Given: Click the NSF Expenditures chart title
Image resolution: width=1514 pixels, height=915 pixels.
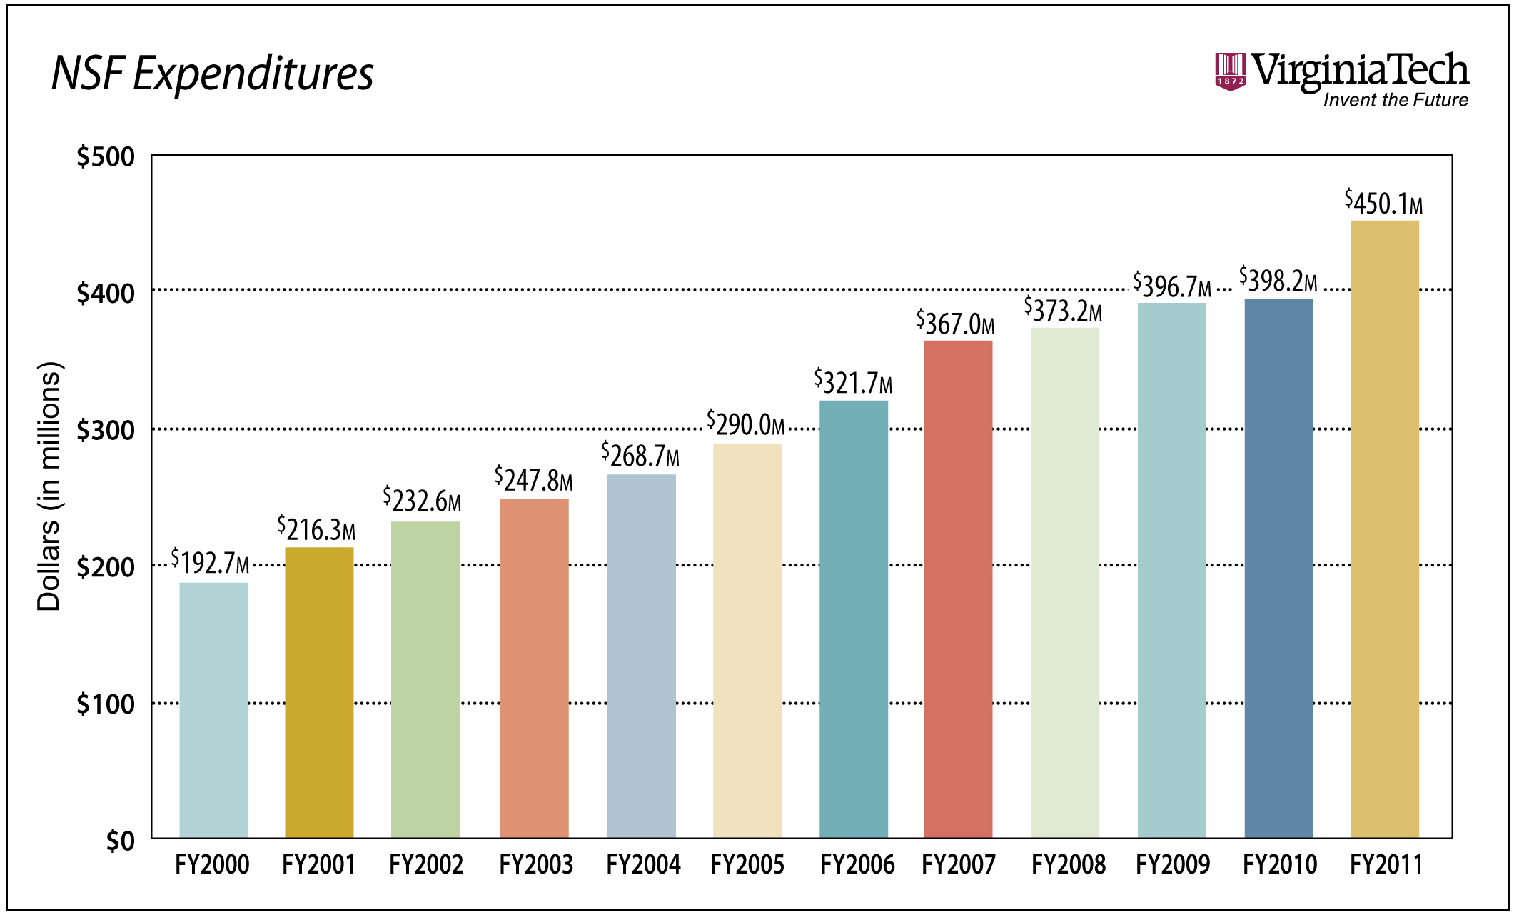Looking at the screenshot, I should (x=212, y=73).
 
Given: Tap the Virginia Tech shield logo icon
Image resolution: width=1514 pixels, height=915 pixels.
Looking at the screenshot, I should (x=1230, y=71).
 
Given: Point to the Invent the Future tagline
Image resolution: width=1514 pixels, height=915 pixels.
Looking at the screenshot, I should (x=1395, y=100).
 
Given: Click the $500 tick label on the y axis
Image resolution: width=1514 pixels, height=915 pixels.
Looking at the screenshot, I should (x=106, y=156).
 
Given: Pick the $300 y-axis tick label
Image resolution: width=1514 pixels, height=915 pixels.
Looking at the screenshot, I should (x=106, y=430).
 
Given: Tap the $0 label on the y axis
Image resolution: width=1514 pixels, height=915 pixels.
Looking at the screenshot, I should (x=120, y=841).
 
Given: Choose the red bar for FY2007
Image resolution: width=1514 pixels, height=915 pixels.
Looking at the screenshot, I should (x=958, y=589).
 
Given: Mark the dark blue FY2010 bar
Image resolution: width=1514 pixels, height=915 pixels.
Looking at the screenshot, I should (x=1278, y=568).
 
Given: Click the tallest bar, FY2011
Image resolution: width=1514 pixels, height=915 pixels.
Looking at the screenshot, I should (x=1384, y=529).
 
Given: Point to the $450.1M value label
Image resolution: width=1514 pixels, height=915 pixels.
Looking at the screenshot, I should (x=1383, y=203).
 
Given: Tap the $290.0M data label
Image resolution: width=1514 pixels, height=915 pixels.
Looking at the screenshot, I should (x=745, y=424).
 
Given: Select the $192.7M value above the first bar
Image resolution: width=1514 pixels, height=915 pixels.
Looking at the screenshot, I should (x=210, y=562).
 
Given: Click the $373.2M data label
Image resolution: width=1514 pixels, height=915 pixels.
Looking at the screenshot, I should (x=1063, y=309).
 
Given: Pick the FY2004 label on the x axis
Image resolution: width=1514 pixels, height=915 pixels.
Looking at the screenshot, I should (x=643, y=865).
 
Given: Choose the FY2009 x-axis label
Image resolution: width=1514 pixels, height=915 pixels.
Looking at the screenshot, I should (x=1173, y=865).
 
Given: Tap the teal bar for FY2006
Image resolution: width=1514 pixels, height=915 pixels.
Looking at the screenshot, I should (x=853, y=619).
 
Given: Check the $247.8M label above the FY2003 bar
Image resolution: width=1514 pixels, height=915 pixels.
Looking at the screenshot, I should (x=533, y=479).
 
